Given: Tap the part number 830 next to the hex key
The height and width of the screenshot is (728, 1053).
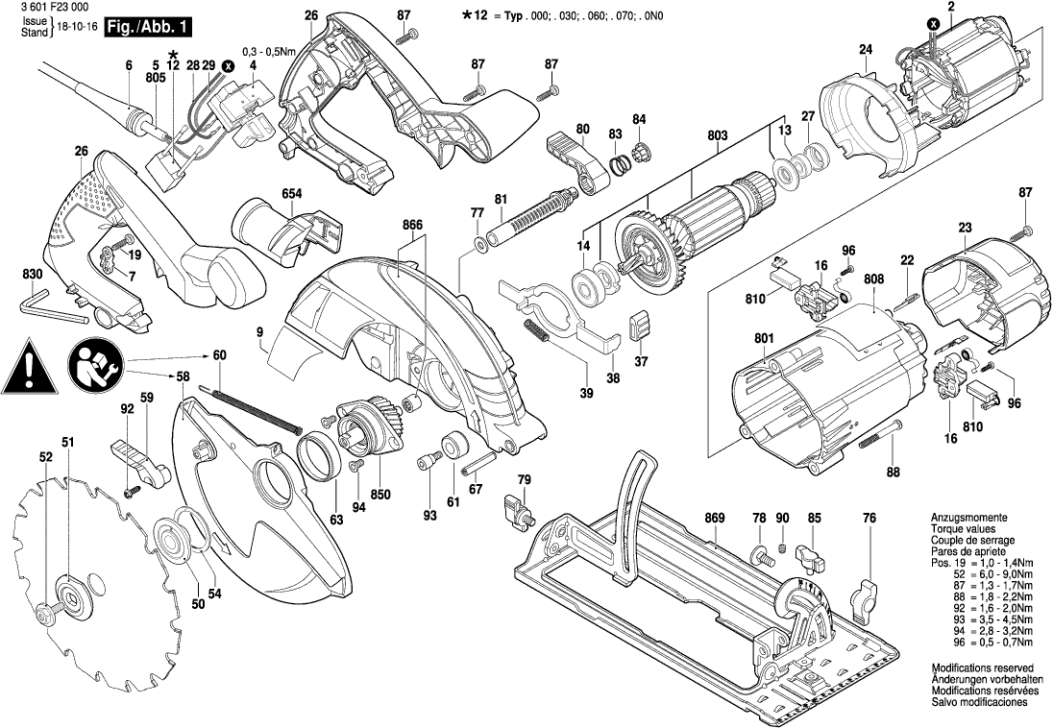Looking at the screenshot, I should click(x=34, y=275).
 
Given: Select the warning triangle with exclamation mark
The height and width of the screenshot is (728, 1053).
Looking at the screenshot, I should click(x=31, y=367).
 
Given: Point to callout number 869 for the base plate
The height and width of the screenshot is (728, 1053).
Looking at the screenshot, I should click(x=714, y=519).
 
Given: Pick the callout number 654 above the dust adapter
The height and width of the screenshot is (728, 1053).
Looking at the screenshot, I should click(x=292, y=194).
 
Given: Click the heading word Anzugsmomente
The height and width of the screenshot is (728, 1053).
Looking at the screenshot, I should click(x=969, y=518).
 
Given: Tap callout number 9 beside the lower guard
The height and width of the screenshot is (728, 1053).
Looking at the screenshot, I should click(x=259, y=331).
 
